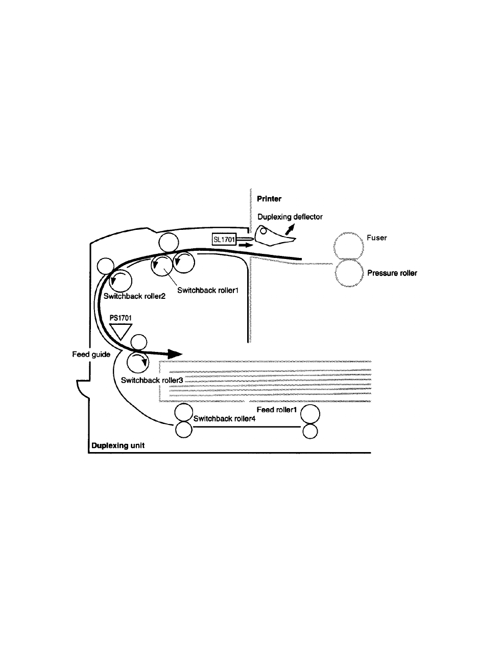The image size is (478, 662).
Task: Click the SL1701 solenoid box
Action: tap(223, 239)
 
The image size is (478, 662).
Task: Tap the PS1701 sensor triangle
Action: tap(122, 330)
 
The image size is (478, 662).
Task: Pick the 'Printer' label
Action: tap(269, 199)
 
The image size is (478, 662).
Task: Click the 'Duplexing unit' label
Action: tap(117, 445)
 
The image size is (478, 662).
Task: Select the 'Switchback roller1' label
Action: tap(209, 290)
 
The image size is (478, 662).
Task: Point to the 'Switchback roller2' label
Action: tap(134, 296)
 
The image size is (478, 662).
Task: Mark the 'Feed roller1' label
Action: tap(276, 410)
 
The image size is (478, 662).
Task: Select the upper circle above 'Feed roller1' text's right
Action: tap(310, 412)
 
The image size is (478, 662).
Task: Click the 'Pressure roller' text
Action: tap(392, 273)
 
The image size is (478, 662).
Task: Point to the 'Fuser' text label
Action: tap(377, 238)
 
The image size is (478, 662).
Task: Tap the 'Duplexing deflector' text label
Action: tap(290, 217)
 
